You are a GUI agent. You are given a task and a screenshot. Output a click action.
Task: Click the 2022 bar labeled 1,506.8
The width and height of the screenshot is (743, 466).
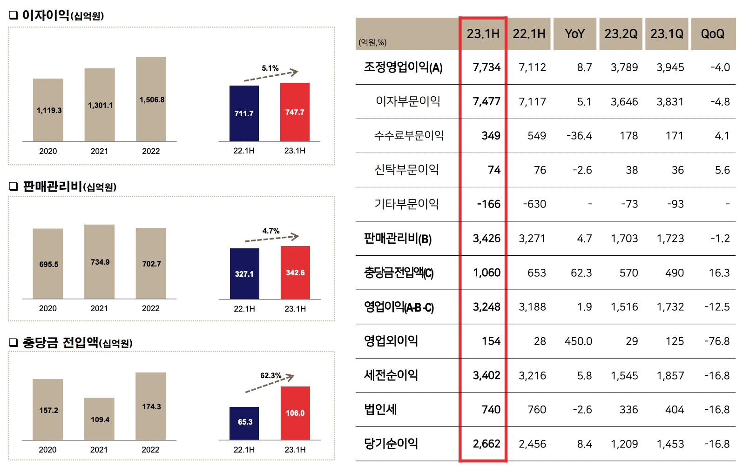click(x=151, y=99)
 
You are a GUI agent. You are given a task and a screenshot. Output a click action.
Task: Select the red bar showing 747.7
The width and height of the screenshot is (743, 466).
click(x=295, y=112)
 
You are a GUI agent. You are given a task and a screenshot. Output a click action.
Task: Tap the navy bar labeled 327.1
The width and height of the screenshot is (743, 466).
click(x=244, y=273)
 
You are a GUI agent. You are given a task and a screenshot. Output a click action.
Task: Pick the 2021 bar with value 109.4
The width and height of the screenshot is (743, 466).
click(x=99, y=419)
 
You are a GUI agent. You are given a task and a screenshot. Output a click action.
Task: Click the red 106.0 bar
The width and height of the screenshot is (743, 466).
click(x=295, y=413)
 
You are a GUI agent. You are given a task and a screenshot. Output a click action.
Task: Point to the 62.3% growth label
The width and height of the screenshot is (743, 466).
click(x=270, y=375)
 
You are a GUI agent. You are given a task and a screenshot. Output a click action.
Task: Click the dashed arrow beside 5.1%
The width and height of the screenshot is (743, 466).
click(x=271, y=76)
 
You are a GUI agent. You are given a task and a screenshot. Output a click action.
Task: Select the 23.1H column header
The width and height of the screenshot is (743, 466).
click(x=483, y=34)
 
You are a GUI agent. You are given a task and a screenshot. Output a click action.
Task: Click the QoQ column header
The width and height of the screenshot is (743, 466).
click(x=712, y=34)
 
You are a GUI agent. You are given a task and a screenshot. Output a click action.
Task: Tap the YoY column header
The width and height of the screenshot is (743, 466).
click(x=574, y=34)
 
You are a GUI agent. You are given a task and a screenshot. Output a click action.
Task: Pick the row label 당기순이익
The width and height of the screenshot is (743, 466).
click(x=391, y=444)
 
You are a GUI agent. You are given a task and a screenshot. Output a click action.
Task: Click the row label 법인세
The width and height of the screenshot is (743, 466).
click(x=380, y=409)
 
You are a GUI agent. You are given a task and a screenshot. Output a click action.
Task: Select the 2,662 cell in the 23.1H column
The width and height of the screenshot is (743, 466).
click(x=486, y=444)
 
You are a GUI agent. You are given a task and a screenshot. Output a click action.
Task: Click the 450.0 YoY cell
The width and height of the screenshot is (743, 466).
click(x=578, y=341)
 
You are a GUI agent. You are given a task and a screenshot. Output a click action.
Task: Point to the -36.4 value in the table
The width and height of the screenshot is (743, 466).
click(x=579, y=136)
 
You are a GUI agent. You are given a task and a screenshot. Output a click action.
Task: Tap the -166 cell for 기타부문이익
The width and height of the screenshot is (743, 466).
click(x=488, y=204)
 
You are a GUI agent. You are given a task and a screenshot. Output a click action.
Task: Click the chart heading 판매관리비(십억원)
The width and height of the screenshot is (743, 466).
click(x=69, y=186)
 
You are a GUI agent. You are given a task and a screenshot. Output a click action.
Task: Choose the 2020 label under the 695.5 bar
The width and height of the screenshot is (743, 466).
click(x=48, y=308)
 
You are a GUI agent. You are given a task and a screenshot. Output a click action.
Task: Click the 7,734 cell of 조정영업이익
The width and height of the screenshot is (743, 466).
click(x=486, y=67)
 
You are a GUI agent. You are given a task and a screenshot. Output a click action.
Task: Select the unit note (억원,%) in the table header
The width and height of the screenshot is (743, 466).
click(x=372, y=42)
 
